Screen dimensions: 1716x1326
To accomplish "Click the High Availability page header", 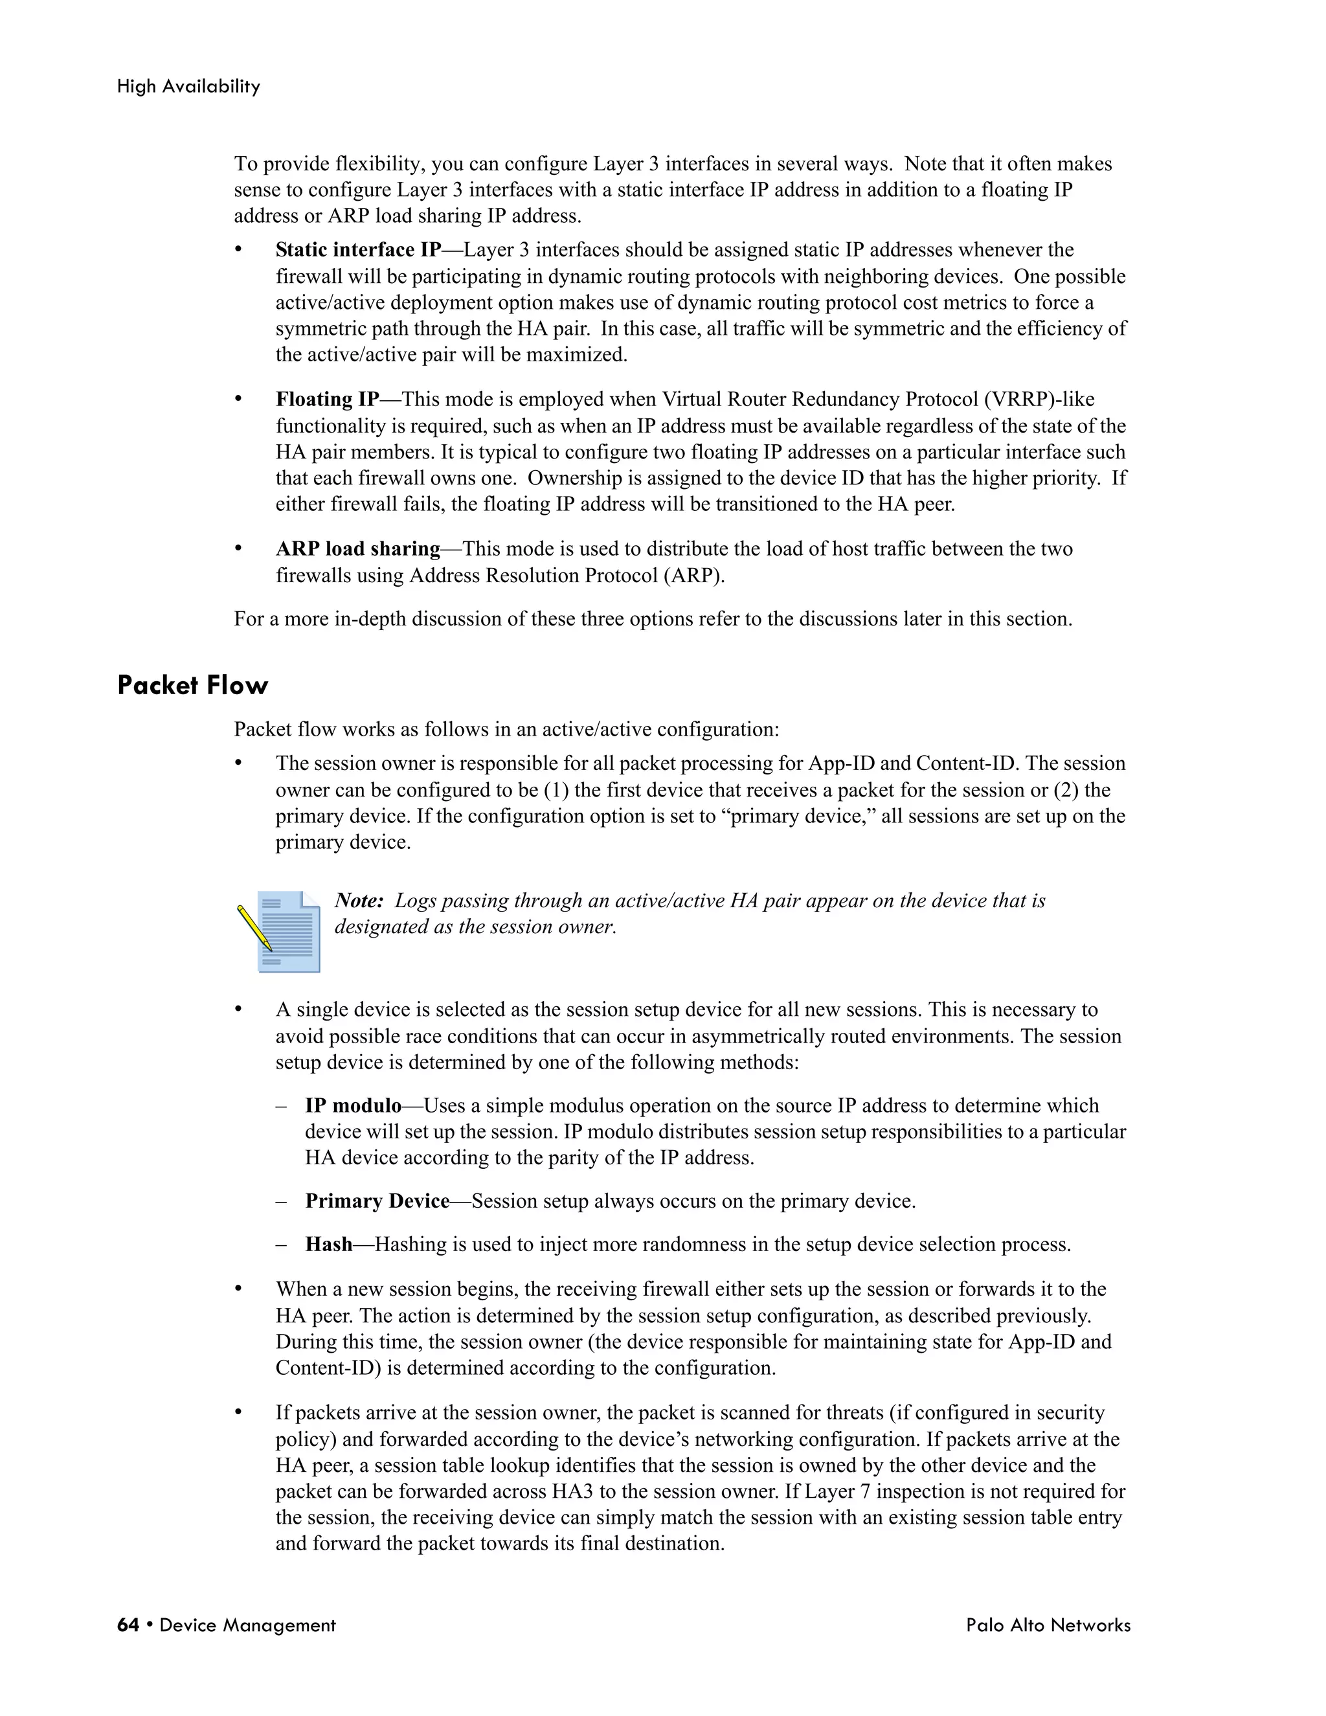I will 188,86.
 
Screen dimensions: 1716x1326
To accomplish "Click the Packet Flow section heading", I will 192,685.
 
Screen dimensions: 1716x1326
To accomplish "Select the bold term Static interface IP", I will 358,250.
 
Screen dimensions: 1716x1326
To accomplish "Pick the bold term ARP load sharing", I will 357,548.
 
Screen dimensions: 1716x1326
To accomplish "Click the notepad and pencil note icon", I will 279,931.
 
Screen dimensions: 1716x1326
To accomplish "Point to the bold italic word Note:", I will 359,901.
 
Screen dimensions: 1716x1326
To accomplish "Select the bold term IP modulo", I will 353,1105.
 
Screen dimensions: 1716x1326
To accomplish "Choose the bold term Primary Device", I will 377,1201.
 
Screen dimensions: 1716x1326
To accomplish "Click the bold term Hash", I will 328,1245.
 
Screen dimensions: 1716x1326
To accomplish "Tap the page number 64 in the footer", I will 128,1625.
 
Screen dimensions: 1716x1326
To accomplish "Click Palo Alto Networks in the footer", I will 1048,1625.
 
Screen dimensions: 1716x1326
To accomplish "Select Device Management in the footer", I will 247,1625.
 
